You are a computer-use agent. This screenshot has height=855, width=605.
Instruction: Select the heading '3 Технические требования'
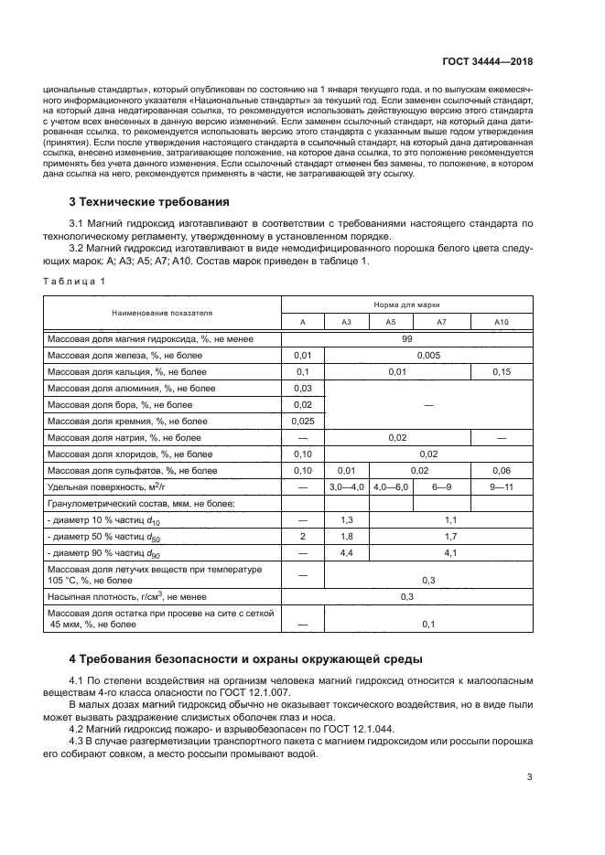pyautogui.click(x=149, y=201)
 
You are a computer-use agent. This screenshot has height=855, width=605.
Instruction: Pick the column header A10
pyautogui.click(x=501, y=322)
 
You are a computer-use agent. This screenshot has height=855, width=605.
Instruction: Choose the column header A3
pyautogui.click(x=347, y=322)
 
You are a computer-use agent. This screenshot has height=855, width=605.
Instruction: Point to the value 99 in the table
pyautogui.click(x=405, y=339)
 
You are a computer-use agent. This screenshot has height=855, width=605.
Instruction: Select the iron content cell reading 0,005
pyautogui.click(x=428, y=356)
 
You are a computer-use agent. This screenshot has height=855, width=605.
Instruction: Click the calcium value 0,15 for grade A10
pyautogui.click(x=501, y=372)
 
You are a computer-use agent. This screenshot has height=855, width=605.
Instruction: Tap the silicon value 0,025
pyautogui.click(x=302, y=422)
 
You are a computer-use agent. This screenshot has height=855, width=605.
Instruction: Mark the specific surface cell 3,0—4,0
pyautogui.click(x=347, y=487)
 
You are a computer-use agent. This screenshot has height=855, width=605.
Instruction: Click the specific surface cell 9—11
pyautogui.click(x=501, y=487)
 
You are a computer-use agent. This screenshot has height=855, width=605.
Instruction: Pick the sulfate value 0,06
pyautogui.click(x=501, y=471)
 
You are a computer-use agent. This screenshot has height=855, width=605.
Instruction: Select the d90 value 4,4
pyautogui.click(x=347, y=553)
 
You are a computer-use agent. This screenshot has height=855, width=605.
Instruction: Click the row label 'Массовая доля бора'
pyautogui.click(x=120, y=405)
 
